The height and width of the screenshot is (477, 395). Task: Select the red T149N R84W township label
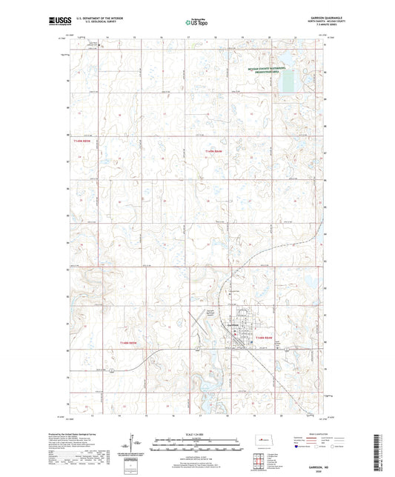pyautogui.click(x=214, y=151)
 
